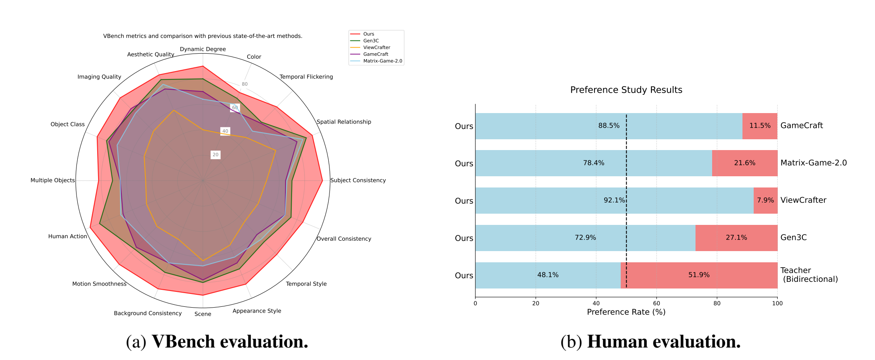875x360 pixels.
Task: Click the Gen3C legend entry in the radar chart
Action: [371, 41]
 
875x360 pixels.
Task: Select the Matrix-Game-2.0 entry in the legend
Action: [382, 61]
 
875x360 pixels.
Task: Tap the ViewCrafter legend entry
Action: [376, 47]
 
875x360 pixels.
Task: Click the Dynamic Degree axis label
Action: [203, 49]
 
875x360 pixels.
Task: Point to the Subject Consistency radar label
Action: [358, 180]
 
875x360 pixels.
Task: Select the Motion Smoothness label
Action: [99, 284]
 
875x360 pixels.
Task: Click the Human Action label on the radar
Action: [68, 237]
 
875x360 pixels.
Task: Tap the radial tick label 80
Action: [245, 84]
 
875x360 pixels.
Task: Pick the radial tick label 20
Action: [215, 155]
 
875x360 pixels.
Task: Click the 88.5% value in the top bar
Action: [609, 126]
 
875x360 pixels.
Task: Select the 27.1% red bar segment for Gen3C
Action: [736, 238]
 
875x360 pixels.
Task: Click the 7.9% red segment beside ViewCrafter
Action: [765, 200]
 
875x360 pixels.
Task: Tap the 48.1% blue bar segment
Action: [548, 275]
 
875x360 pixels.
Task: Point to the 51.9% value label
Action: [699, 275]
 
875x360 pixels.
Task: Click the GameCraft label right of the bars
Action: [801, 126]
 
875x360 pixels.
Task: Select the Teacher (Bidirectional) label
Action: [809, 275]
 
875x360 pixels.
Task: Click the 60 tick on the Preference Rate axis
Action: [656, 303]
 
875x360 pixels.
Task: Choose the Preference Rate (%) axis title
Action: [626, 312]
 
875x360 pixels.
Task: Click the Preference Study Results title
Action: [626, 90]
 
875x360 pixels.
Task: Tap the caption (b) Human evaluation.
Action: [650, 342]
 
